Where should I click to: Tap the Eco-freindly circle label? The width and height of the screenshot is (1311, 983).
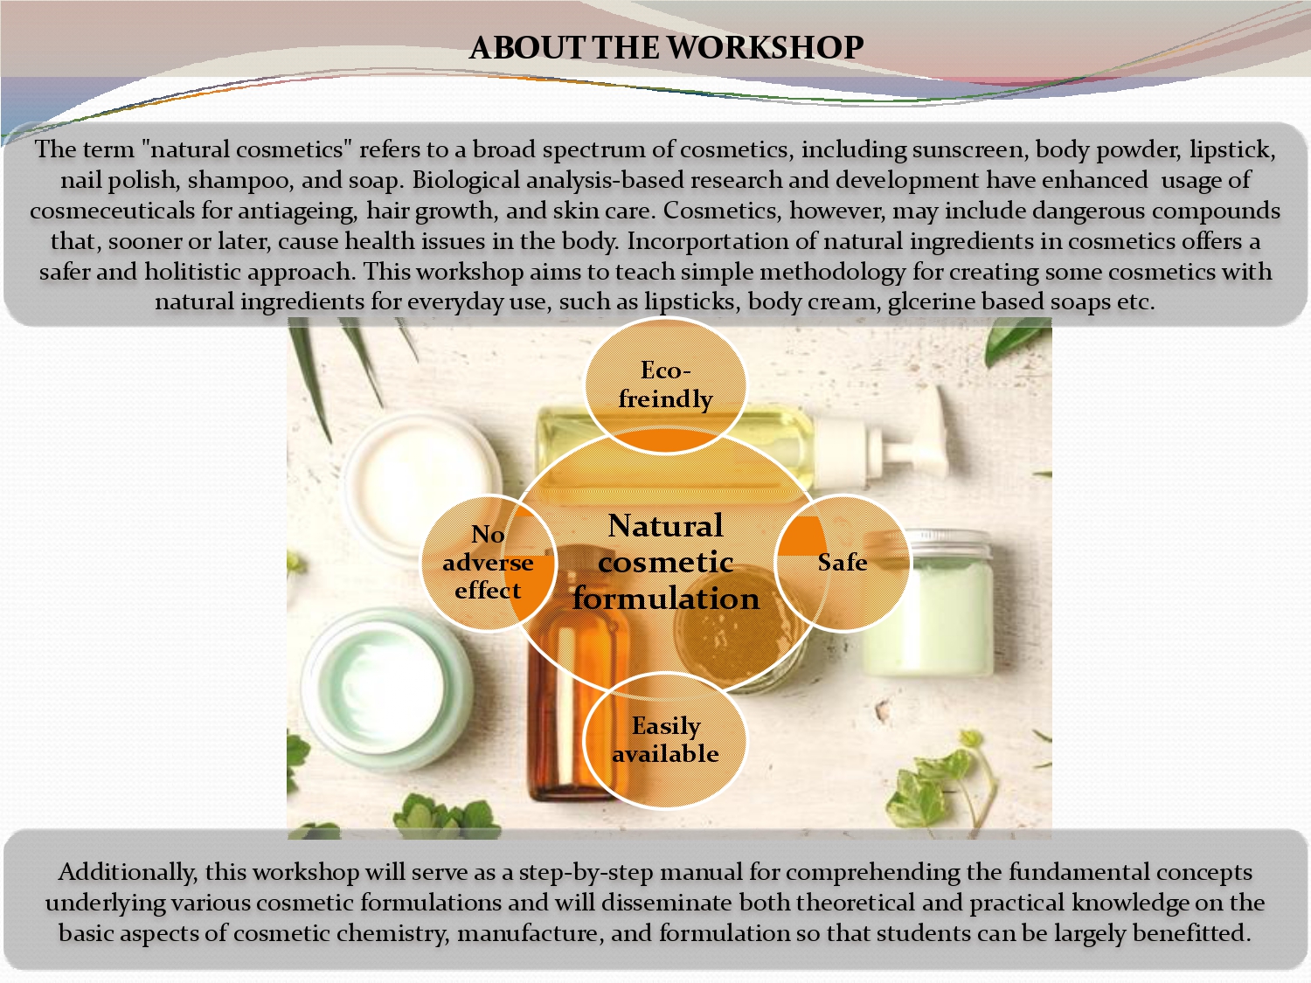[x=665, y=385]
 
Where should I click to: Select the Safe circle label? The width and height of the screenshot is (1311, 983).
[x=843, y=562]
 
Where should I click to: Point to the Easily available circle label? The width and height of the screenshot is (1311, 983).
[x=665, y=740]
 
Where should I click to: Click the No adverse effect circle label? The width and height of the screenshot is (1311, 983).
[x=488, y=562]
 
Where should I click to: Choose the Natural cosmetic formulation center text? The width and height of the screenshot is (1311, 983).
[x=665, y=562]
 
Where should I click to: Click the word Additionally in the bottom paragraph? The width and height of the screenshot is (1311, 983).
[x=128, y=873]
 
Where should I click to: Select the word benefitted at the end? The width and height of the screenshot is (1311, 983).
[x=1191, y=933]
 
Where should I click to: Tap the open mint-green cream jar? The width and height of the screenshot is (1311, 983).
[x=385, y=687]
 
